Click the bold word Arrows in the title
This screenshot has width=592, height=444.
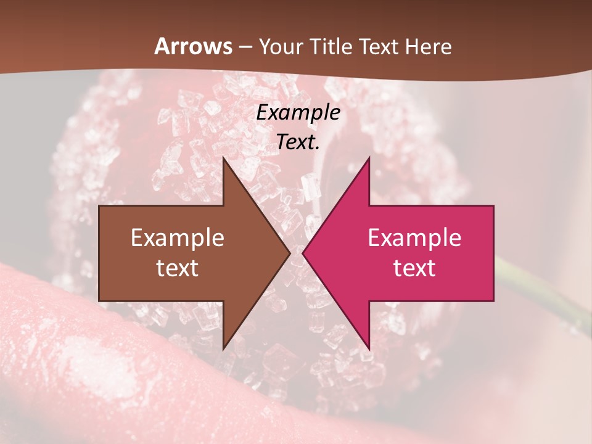point(194,46)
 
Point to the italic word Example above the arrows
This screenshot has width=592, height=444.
point(298,113)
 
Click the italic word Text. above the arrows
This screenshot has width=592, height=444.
point(298,142)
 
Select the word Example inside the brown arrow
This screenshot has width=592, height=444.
point(178,237)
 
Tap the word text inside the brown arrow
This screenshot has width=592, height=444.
point(178,268)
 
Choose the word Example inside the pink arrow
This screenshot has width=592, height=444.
point(414,237)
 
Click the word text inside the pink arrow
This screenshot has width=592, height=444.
point(414,268)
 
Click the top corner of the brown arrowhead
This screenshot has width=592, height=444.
point(224,159)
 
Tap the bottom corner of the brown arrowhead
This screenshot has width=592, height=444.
point(224,348)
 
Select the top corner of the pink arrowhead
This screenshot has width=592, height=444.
point(369,159)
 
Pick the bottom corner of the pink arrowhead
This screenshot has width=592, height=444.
point(369,348)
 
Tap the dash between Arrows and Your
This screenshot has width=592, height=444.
point(245,47)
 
